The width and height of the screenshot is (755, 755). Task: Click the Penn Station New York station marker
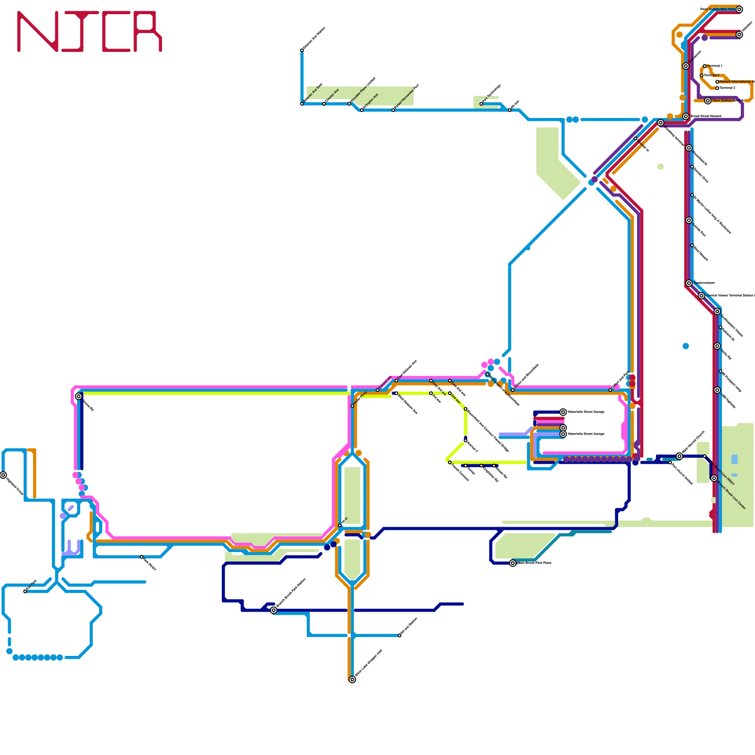click(739, 9)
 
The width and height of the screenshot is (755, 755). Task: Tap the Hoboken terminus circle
click(739, 34)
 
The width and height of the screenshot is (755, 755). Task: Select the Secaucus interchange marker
click(686, 66)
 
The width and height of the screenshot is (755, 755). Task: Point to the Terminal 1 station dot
click(705, 66)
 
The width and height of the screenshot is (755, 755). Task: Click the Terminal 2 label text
click(712, 75)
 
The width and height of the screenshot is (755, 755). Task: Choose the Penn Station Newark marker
click(708, 101)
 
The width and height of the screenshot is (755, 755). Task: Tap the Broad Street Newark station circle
click(686, 116)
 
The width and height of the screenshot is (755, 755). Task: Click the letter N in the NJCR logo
click(38, 31)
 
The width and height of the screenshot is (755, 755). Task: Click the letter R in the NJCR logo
click(148, 31)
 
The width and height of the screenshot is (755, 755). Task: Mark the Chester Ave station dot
click(324, 104)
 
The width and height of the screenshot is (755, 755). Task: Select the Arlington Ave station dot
click(362, 110)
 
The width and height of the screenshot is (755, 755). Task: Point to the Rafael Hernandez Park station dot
click(393, 110)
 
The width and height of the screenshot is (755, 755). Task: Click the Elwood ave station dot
click(377, 390)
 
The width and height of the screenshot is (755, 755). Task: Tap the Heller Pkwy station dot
click(352, 405)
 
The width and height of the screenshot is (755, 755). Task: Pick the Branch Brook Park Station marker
click(274, 610)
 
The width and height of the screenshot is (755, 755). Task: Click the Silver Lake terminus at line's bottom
click(352, 679)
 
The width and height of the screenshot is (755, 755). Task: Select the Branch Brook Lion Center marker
click(714, 478)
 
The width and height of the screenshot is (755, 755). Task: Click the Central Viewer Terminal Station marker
click(702, 296)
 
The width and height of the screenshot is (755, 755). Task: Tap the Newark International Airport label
click(736, 82)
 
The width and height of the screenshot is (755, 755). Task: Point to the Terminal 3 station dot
click(717, 88)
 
